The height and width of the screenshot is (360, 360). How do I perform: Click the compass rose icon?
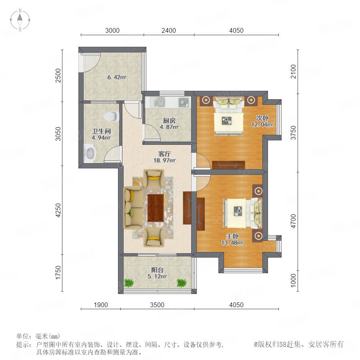tap(20, 20)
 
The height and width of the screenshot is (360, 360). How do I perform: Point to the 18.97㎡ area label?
tap(164, 160)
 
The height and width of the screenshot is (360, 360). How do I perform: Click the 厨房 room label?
tap(169, 120)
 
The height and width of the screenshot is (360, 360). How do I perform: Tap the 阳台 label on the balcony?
tap(157, 270)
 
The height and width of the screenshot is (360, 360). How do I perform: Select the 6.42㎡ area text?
tap(117, 77)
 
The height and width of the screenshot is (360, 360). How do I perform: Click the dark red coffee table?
tap(156, 208)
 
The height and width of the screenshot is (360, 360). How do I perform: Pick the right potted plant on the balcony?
tap(181, 283)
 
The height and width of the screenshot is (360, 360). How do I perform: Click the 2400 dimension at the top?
tap(169, 30)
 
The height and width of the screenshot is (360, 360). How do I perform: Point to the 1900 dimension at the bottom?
tap(101, 305)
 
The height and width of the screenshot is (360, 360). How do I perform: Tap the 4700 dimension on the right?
tap(294, 221)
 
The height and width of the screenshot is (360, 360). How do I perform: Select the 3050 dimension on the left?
tap(58, 134)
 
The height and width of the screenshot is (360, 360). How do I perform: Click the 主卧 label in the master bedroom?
tap(232, 236)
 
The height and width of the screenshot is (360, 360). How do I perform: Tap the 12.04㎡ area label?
tap(262, 125)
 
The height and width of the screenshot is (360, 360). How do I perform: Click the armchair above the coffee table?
tap(154, 179)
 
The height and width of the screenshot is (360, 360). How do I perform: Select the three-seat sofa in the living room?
tap(133, 208)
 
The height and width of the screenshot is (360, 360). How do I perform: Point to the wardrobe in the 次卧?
tap(228, 165)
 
